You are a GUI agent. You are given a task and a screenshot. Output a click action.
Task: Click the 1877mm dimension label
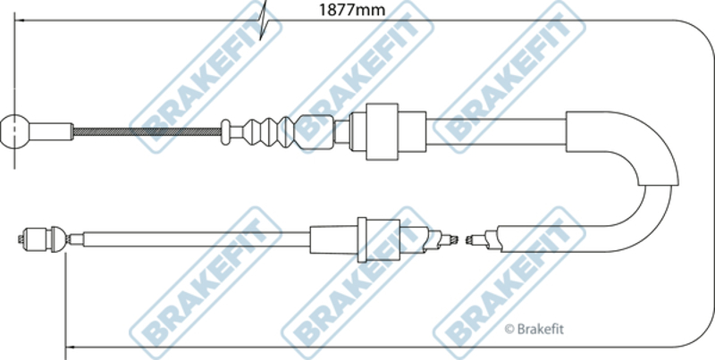351,10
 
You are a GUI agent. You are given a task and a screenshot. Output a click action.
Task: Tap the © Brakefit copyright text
534,329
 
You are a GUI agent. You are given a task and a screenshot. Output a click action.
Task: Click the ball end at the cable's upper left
14,131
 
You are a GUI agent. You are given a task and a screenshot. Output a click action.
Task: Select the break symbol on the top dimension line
263,20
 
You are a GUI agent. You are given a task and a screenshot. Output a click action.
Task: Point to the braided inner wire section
147,131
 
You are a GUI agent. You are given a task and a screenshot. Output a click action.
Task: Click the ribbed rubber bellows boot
269,132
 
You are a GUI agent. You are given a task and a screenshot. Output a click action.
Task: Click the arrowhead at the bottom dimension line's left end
70,347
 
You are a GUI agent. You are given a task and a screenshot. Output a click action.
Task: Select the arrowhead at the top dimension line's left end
19,20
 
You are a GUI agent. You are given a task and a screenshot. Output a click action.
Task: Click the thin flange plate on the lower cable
362,239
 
